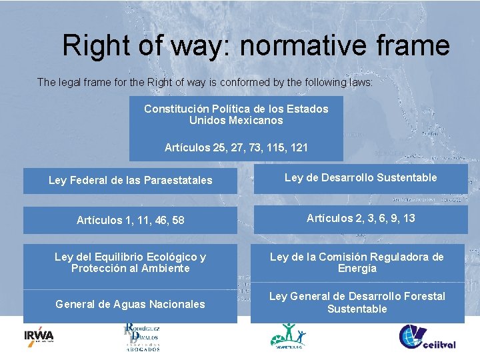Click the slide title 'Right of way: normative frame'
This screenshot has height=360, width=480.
(x=256, y=46)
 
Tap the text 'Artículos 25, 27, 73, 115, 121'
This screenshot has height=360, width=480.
(x=236, y=148)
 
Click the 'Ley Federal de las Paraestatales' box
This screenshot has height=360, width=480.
(x=130, y=181)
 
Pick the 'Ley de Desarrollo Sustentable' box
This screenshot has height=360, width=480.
(x=360, y=178)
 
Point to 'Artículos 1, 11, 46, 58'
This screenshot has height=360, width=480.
(x=130, y=220)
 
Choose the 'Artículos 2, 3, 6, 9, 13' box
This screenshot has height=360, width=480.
(x=360, y=219)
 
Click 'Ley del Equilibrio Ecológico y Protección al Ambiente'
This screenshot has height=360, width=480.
(x=130, y=263)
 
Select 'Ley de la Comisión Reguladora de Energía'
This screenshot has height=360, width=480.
(x=357, y=263)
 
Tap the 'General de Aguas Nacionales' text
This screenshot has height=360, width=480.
(x=130, y=304)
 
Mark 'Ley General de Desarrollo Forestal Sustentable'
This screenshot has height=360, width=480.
(x=357, y=303)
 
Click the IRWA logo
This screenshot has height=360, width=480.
(x=39, y=336)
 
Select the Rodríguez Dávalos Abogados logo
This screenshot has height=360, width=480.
(x=141, y=337)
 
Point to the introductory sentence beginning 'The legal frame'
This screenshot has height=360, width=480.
(x=205, y=83)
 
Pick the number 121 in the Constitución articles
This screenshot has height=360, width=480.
(x=299, y=148)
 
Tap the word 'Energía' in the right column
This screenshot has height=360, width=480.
(x=357, y=269)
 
